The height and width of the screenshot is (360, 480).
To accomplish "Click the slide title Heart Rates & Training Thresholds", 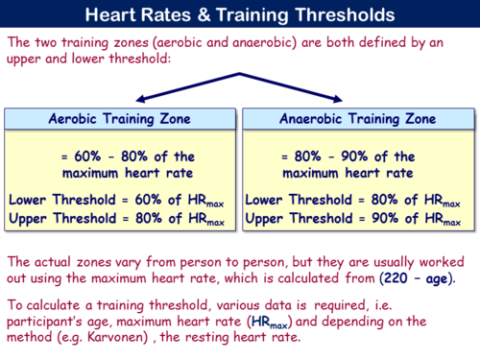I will (239, 15).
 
